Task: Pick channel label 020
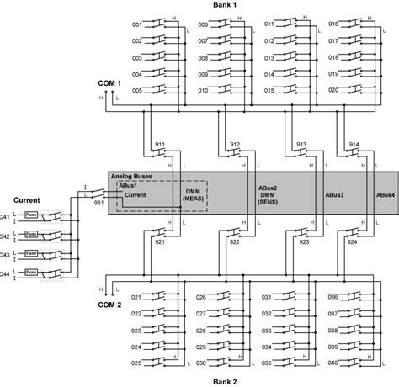(x=333, y=89)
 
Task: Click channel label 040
(x=333, y=363)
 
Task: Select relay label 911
(x=159, y=145)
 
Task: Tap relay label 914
(x=353, y=145)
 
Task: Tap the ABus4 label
(x=386, y=194)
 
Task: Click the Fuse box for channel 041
(x=31, y=217)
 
